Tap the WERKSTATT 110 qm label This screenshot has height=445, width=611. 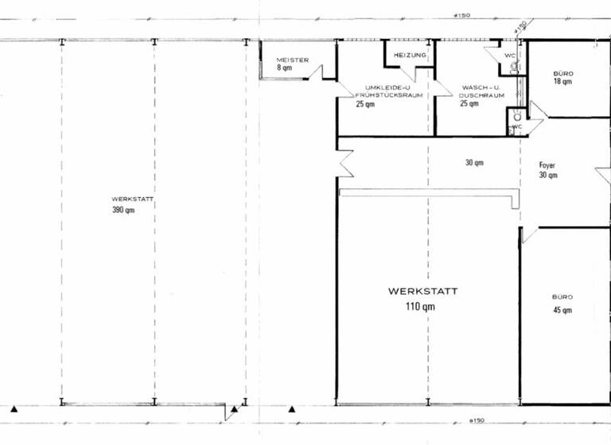click(x=423, y=298)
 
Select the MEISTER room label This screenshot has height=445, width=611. click(x=291, y=60)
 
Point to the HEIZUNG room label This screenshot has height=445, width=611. click(x=411, y=55)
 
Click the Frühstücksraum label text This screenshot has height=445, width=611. click(x=388, y=95)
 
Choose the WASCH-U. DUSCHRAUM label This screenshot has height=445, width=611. click(x=481, y=91)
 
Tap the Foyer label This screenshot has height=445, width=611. click(x=547, y=165)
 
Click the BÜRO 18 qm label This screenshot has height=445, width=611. click(x=562, y=77)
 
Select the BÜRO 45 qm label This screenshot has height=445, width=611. click(x=562, y=304)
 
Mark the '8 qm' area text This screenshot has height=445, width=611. click(x=285, y=68)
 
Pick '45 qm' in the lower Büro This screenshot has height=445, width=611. click(x=562, y=310)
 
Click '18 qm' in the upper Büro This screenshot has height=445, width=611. click(x=562, y=82)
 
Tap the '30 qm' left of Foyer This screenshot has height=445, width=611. click(x=474, y=163)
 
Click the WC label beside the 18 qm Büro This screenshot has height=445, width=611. click(x=509, y=56)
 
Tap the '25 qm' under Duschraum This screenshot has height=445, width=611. click(x=469, y=103)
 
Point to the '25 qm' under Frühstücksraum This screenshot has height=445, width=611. click(x=365, y=104)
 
